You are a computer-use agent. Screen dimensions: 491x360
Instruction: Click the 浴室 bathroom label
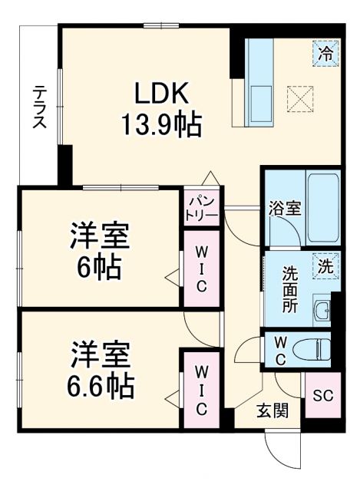(x=283, y=209)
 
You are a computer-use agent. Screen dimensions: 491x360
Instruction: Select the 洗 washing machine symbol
(x=325, y=267)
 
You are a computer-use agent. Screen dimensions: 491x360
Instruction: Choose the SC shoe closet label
(x=322, y=396)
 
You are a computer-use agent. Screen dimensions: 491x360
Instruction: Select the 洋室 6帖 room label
(x=101, y=249)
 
